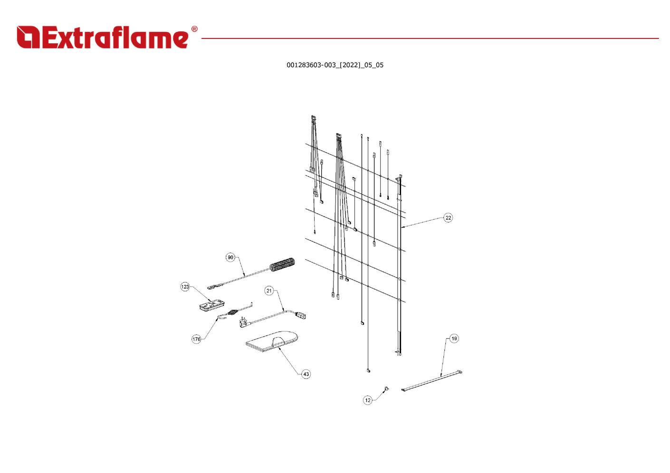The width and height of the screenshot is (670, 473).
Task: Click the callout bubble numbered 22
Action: click(x=448, y=218)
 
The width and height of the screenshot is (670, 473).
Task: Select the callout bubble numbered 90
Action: click(x=230, y=257)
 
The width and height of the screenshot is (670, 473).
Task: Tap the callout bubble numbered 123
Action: click(x=185, y=287)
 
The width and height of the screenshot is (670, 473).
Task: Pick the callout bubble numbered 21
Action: click(x=269, y=291)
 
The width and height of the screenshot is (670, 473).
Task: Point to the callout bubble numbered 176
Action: click(x=196, y=339)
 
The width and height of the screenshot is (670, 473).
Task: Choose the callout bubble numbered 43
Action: click(x=306, y=374)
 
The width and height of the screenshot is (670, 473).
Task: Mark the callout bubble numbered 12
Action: click(x=368, y=400)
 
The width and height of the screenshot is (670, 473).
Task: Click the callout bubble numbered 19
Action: click(x=454, y=339)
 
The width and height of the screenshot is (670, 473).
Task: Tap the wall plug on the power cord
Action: click(x=243, y=323)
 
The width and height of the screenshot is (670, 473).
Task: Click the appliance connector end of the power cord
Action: click(x=301, y=315)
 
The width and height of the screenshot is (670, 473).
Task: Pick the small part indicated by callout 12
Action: click(x=386, y=388)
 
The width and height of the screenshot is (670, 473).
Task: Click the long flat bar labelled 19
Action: click(x=432, y=380)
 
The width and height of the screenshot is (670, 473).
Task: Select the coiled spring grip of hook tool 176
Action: click(x=234, y=313)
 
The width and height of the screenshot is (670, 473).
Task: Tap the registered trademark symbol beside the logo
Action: click(x=194, y=29)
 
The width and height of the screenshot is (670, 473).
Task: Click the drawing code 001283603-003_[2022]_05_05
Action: click(x=335, y=65)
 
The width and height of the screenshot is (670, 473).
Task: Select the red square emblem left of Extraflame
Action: click(x=28, y=37)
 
